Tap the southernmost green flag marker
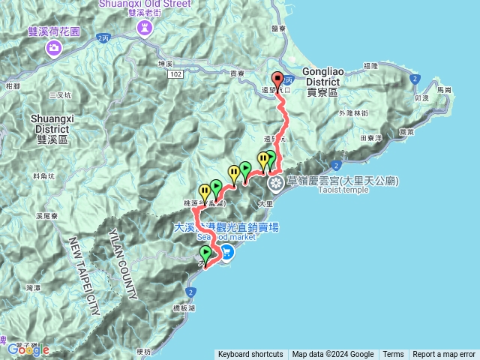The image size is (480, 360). pyautogui.click(x=205, y=253)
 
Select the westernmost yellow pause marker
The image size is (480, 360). pyautogui.click(x=204, y=191)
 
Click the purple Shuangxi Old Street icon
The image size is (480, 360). pyautogui.click(x=142, y=28)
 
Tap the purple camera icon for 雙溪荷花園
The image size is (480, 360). pyautogui.click(x=54, y=49)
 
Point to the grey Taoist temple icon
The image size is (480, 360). pyautogui.click(x=276, y=182)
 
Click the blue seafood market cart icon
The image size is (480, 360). pyautogui.click(x=226, y=254)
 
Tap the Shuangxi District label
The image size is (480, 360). pyautogui.click(x=51, y=123)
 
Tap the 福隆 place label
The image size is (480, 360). pyautogui.click(x=370, y=66)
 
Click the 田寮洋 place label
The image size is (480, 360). pyautogui.click(x=372, y=138)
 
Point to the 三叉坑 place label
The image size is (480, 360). pyautogui.click(x=58, y=95)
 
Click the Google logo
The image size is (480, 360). pyautogui.click(x=29, y=349)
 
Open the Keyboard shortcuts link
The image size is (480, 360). pyautogui.click(x=250, y=355)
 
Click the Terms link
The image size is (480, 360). pyautogui.click(x=393, y=355)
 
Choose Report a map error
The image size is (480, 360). pyautogui.click(x=444, y=355)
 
